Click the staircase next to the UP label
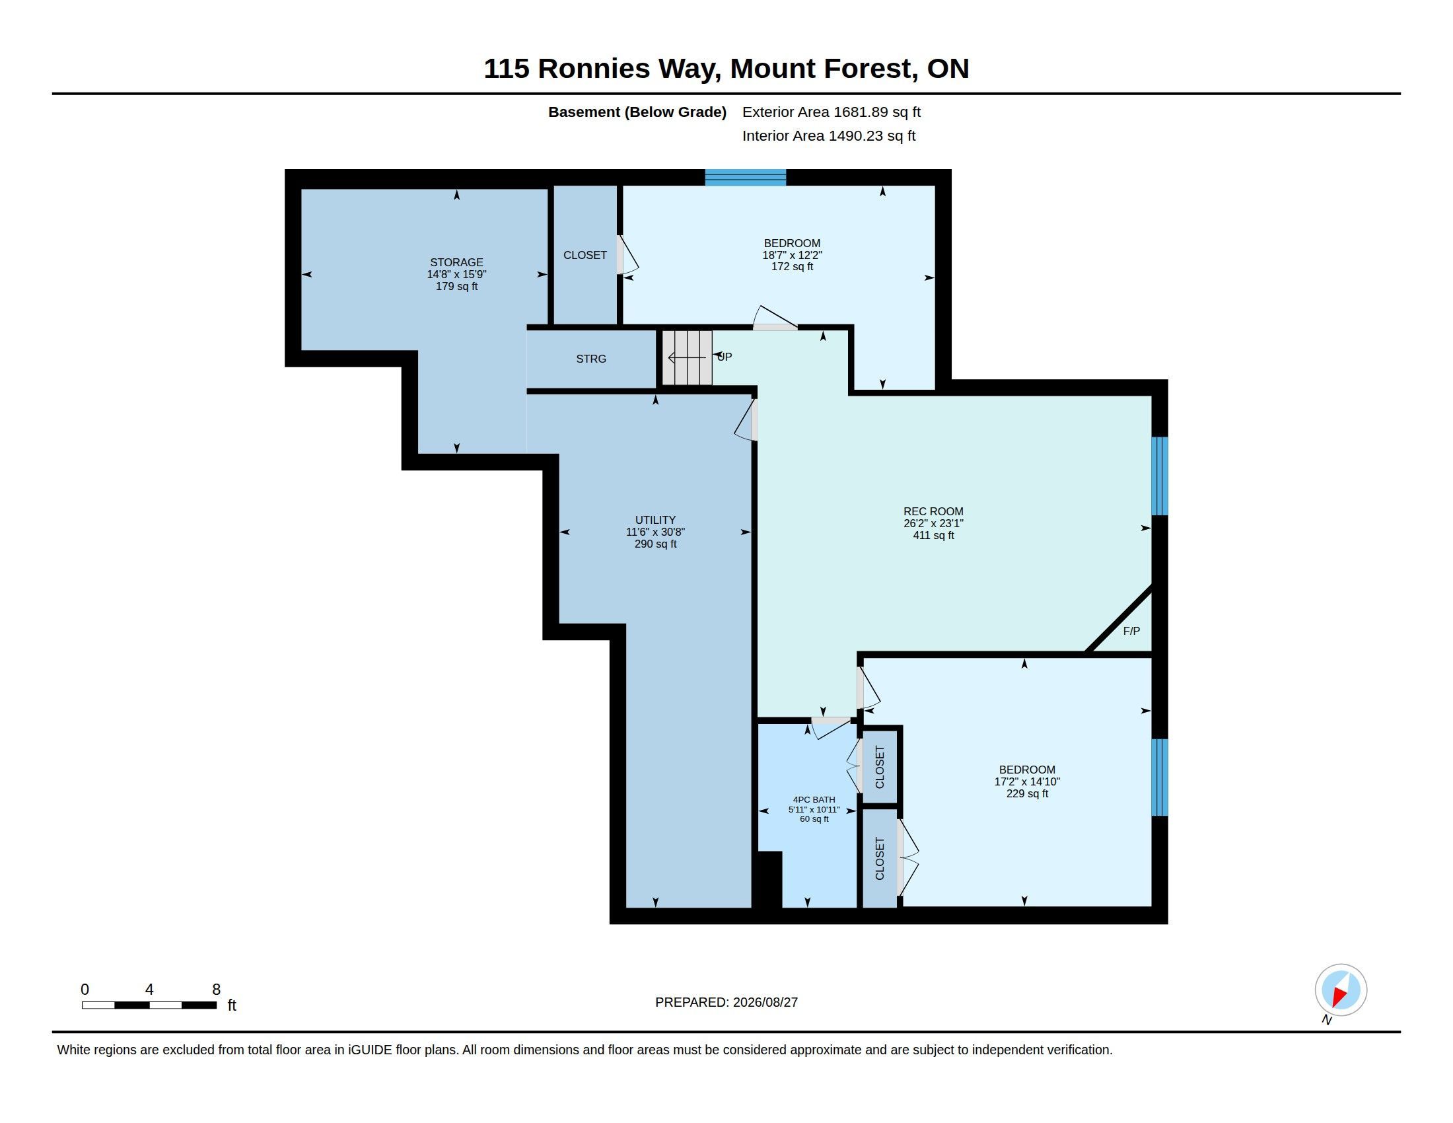click(x=688, y=358)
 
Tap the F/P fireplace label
click(x=1131, y=631)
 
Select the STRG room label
click(x=591, y=359)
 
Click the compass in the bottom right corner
click(x=1341, y=990)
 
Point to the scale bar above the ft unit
click(x=149, y=1005)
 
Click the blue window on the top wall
click(x=746, y=178)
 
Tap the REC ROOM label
click(x=933, y=511)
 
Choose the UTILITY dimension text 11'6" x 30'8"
click(x=655, y=532)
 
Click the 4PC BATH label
click(x=814, y=800)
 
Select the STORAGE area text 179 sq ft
click(x=456, y=286)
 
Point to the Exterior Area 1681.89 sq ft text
click(x=831, y=112)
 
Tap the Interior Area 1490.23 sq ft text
click(x=828, y=135)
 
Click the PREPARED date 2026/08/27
click(x=765, y=1002)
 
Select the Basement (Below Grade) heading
click(x=637, y=112)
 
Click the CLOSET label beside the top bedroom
click(x=585, y=255)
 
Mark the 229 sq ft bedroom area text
click(x=1027, y=793)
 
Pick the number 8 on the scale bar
click(x=216, y=990)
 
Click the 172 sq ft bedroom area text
click(x=792, y=267)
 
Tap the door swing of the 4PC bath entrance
click(x=832, y=727)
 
